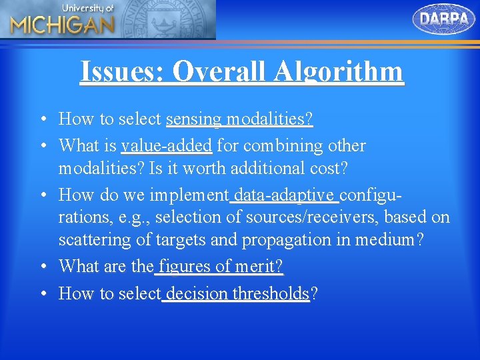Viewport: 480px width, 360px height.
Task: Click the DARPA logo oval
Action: coord(444,19)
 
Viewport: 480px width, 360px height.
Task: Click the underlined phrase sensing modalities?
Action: coord(239,119)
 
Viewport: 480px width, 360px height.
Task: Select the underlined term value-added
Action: coord(167,145)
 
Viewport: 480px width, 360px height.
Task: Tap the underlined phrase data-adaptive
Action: coord(285,195)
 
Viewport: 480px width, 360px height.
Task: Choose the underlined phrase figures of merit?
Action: coord(220,267)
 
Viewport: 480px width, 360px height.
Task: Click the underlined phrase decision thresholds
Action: coord(237,293)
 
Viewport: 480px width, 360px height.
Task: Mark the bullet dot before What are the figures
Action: coord(42,267)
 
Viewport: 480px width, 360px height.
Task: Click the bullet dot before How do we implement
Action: coord(42,195)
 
